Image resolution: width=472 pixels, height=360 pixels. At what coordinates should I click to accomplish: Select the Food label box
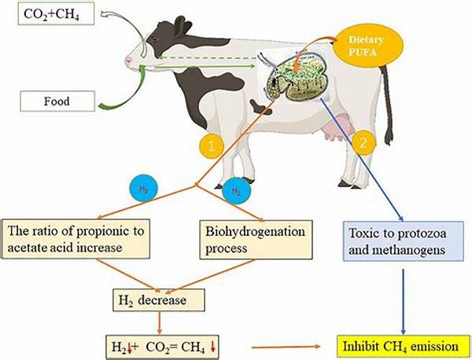(57, 100)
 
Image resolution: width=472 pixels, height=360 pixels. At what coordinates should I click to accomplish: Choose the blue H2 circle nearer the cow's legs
(233, 190)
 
